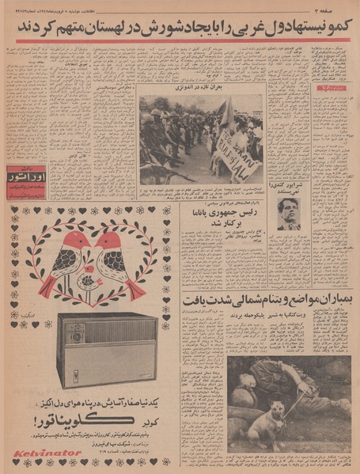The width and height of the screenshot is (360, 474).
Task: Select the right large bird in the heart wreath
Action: pyautogui.click(x=112, y=261)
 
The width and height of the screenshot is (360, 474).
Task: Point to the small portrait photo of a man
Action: pyautogui.click(x=289, y=214)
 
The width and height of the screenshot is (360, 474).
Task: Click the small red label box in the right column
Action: pyautogui.click(x=326, y=89)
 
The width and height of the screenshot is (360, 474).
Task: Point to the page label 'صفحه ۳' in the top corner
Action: pyautogui.click(x=337, y=7)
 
